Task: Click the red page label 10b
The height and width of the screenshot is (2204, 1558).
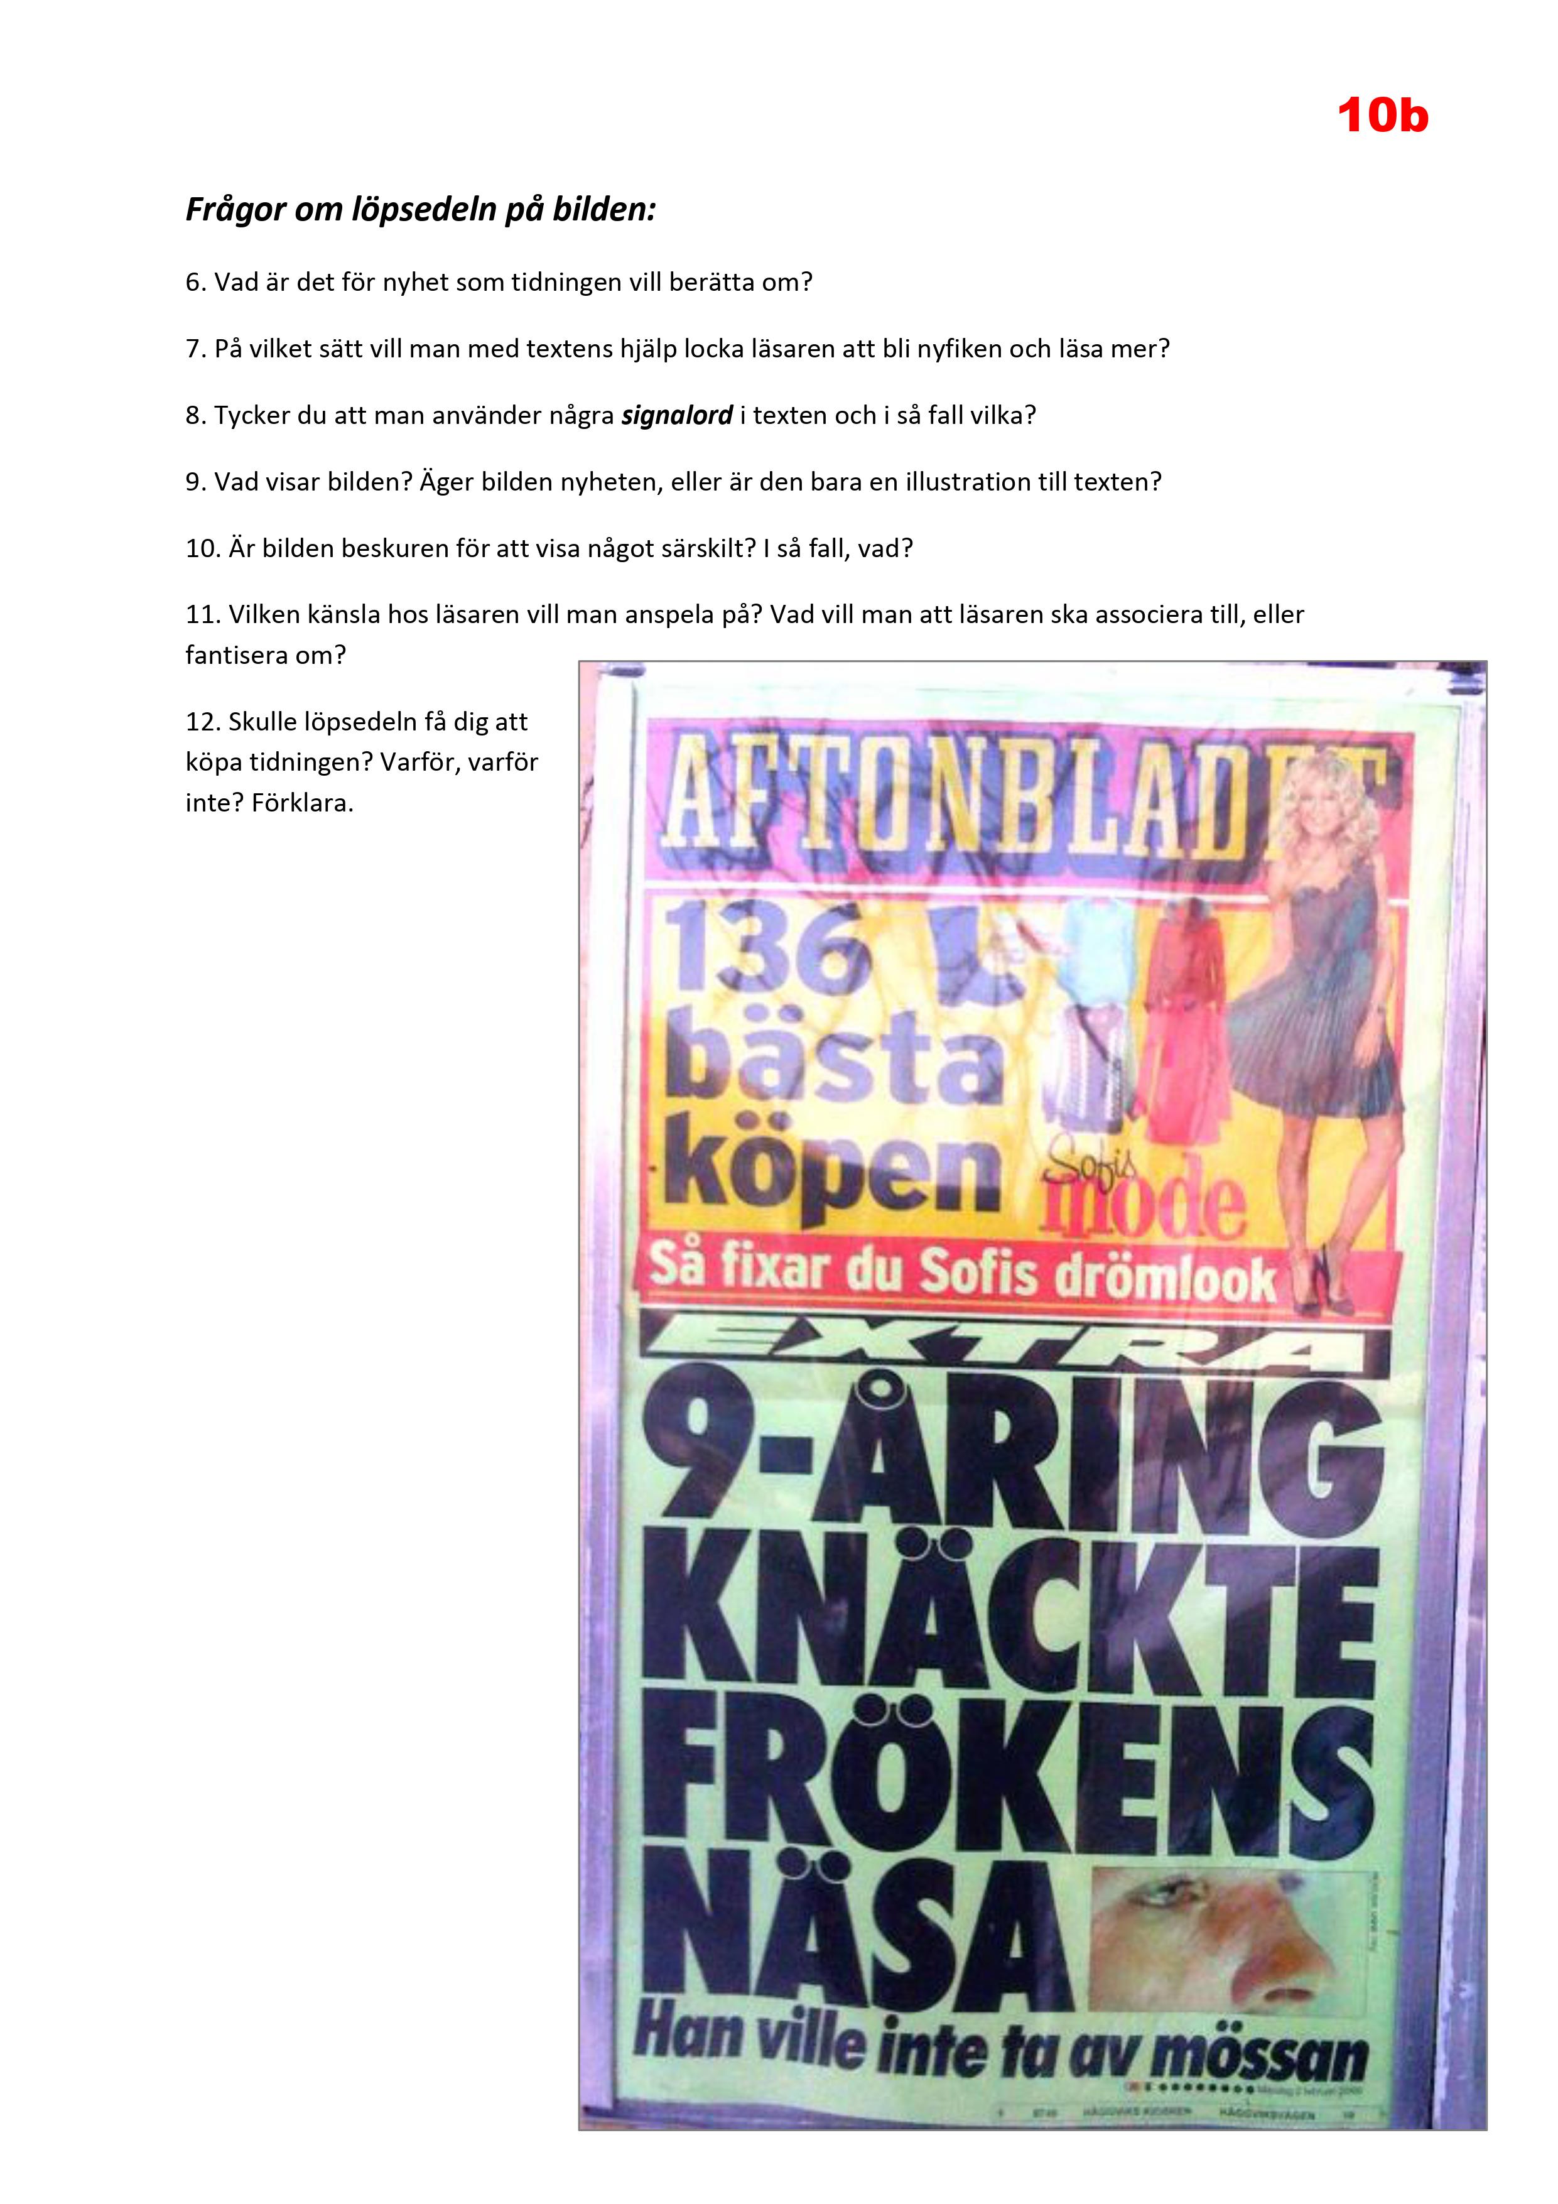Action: coord(1382,116)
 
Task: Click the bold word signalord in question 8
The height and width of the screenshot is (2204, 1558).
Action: coord(677,416)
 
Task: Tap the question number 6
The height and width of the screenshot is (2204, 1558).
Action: coord(195,282)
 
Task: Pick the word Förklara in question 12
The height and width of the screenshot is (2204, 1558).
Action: coord(303,803)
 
